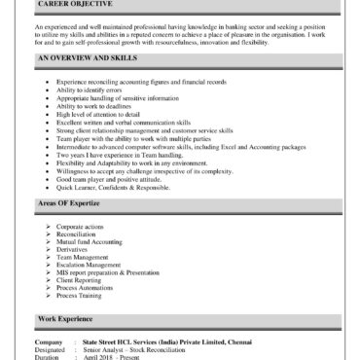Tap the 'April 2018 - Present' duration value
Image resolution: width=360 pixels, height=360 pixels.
point(112,357)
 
